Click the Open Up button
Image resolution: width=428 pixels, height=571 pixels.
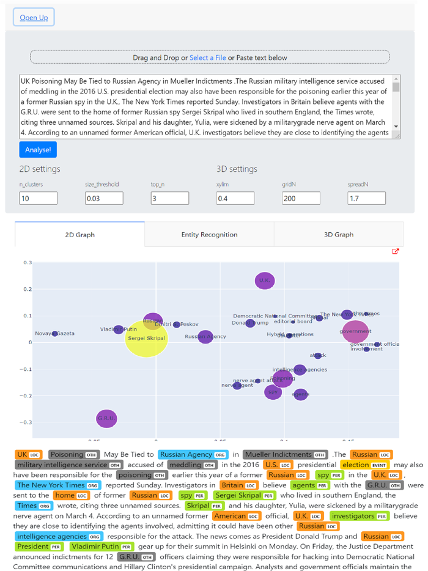(34, 17)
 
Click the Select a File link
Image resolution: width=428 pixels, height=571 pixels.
(207, 57)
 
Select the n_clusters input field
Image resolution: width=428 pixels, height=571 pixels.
(38, 198)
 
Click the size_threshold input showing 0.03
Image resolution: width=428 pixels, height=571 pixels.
(104, 198)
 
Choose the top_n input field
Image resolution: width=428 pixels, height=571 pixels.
(169, 198)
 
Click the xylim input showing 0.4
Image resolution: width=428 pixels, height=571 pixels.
(235, 198)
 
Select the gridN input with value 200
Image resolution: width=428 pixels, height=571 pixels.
(301, 198)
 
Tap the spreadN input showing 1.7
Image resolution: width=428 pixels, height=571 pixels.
(367, 198)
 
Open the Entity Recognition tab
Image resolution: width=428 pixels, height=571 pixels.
(209, 235)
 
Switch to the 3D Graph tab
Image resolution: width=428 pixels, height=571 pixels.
(339, 235)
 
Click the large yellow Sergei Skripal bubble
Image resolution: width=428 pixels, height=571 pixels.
(146, 338)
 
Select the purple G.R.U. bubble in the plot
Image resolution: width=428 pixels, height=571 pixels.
(106, 419)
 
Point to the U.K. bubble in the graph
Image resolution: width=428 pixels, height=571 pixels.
(264, 281)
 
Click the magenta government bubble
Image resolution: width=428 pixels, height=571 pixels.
(355, 331)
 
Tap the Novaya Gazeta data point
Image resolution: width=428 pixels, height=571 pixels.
(55, 334)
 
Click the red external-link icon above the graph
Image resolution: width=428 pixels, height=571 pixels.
(396, 251)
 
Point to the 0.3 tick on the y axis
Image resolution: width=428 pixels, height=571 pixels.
(27, 262)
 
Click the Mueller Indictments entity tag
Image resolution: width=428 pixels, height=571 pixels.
(286, 454)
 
